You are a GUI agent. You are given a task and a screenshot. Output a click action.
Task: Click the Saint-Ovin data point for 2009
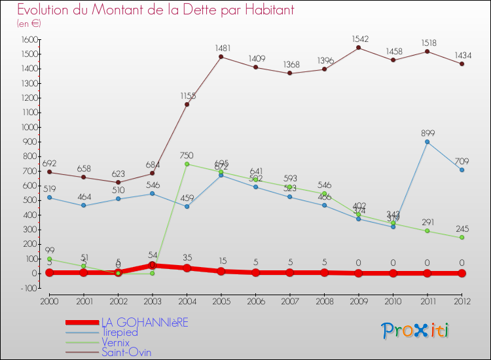pos(359,48)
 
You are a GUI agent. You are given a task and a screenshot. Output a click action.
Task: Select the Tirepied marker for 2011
pos(427,141)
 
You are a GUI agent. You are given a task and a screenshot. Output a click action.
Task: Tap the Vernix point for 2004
pos(187,164)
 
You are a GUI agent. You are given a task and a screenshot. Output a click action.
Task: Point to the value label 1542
pos(359,39)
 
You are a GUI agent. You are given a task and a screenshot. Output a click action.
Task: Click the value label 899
pos(427,133)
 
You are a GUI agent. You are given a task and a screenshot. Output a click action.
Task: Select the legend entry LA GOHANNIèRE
pos(144,323)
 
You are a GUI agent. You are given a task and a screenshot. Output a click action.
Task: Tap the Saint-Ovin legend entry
pos(126,352)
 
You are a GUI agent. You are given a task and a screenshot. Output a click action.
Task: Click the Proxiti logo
pos(416,331)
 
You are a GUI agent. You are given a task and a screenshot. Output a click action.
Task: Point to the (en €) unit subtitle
pos(29,24)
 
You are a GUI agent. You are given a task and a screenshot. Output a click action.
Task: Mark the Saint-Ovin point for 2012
pos(462,63)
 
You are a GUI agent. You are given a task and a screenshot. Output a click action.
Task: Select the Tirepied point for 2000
pos(49,197)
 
